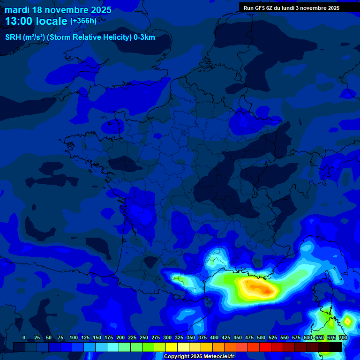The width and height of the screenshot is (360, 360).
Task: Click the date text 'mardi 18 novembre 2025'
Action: (58, 10)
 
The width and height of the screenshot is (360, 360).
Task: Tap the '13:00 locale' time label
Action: (37, 21)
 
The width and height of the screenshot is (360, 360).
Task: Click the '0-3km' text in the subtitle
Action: (144, 37)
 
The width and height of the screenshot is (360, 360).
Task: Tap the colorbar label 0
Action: (24, 337)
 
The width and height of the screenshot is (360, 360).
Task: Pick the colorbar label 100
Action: (74, 337)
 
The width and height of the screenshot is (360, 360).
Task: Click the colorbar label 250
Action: (144, 337)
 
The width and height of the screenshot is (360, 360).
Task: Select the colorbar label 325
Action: (179, 337)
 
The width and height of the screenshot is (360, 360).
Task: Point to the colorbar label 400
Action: (214, 337)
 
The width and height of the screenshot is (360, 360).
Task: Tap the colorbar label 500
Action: (261, 337)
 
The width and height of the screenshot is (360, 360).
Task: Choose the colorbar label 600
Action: (308, 337)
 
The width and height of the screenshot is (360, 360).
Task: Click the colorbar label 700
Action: (343, 337)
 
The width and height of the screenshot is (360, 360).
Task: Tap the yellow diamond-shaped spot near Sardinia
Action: (347, 321)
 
